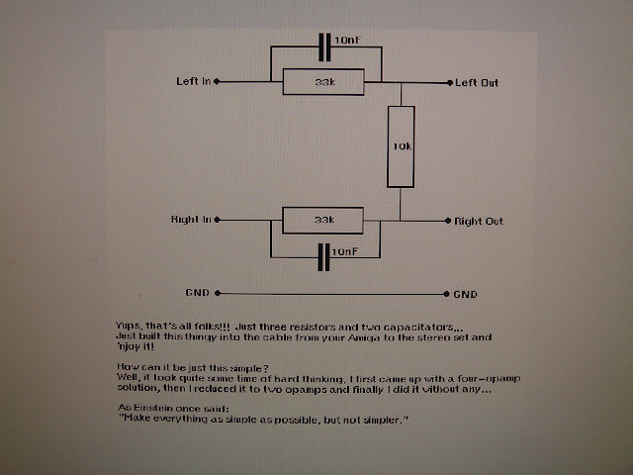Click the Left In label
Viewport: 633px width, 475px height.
[193, 81]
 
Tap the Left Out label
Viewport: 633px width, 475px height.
[477, 82]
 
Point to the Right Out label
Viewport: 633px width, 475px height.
[479, 221]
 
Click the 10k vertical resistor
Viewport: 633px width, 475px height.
[401, 147]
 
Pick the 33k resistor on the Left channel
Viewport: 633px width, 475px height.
[322, 82]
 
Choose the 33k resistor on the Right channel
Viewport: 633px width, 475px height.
[322, 220]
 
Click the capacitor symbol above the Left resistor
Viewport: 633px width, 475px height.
[323, 47]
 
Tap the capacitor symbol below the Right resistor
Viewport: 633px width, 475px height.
[323, 255]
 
